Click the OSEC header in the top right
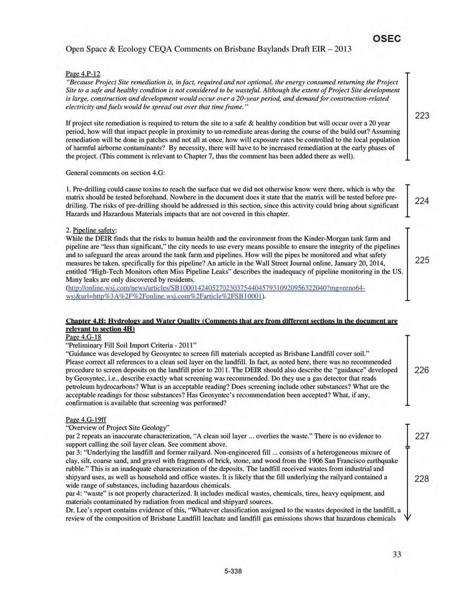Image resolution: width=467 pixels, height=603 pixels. click(x=386, y=38)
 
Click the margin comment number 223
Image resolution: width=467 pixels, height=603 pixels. click(x=422, y=116)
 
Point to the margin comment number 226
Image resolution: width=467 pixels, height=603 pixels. click(x=422, y=370)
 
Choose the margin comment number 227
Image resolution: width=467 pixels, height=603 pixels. click(x=422, y=436)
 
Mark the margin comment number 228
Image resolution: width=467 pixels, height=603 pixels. click(x=422, y=479)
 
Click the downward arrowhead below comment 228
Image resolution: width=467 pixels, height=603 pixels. click(x=407, y=517)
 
